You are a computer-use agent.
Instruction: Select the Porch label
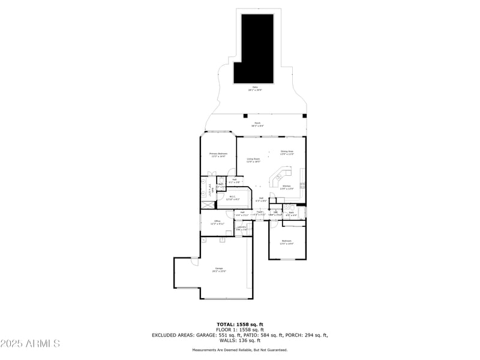(257, 124)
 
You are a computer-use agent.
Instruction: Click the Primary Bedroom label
(218, 155)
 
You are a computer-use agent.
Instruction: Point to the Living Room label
(253, 160)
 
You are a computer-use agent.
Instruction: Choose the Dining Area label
(287, 152)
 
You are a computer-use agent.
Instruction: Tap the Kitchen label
(287, 187)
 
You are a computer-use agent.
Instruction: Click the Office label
(218, 223)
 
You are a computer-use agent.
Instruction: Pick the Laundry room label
(241, 228)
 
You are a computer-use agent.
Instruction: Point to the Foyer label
(260, 212)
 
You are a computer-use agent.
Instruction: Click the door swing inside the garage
(195, 262)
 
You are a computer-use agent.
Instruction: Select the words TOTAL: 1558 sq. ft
(239, 325)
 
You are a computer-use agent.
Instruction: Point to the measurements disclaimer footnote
(239, 350)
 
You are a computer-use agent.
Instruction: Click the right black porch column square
(304, 116)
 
